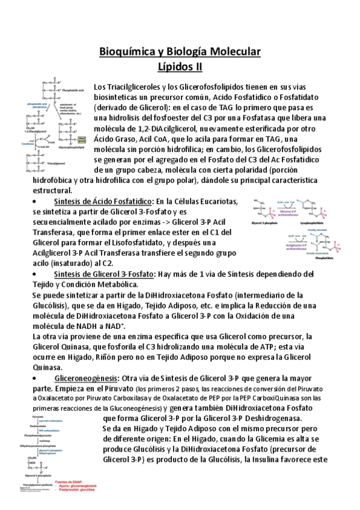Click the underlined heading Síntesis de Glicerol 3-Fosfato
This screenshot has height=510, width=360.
103,274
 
